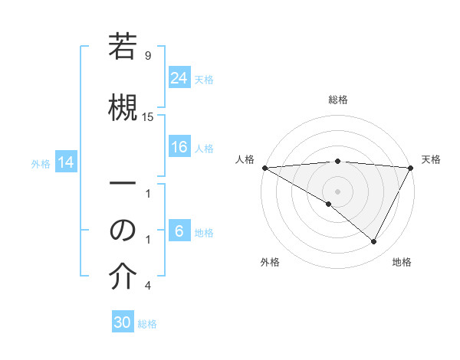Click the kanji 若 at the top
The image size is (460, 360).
click(x=123, y=48)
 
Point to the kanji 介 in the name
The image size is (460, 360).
click(x=123, y=278)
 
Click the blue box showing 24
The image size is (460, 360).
click(x=179, y=78)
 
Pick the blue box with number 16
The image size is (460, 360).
click(x=179, y=147)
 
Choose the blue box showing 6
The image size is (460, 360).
click(x=179, y=231)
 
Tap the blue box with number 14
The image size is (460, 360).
click(x=66, y=162)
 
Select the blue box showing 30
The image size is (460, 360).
click(x=123, y=322)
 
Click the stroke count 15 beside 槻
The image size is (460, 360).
click(x=148, y=117)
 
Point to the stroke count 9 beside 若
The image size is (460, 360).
click(x=148, y=56)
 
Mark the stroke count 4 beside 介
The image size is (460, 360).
click(x=148, y=286)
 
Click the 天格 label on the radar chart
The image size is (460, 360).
click(x=431, y=159)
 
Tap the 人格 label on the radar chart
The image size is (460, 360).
click(x=244, y=159)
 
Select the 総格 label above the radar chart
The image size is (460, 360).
click(x=338, y=100)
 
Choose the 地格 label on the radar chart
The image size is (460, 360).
click(x=402, y=263)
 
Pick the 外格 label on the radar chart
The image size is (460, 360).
click(x=270, y=263)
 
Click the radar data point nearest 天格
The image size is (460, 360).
click(x=411, y=168)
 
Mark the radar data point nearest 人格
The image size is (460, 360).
click(x=264, y=168)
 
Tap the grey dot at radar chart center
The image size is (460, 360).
click(x=337, y=191)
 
